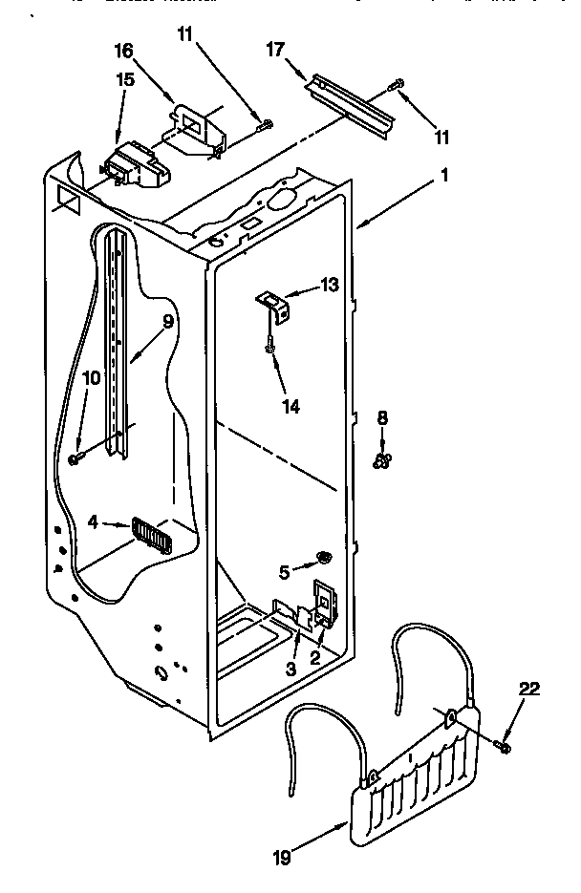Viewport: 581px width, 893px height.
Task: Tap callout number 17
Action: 278,51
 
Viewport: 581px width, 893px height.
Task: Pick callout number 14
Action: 290,406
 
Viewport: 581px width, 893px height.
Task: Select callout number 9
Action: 167,322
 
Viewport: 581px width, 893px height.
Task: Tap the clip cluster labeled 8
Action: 381,461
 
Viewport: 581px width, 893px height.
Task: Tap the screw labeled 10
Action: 75,460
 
